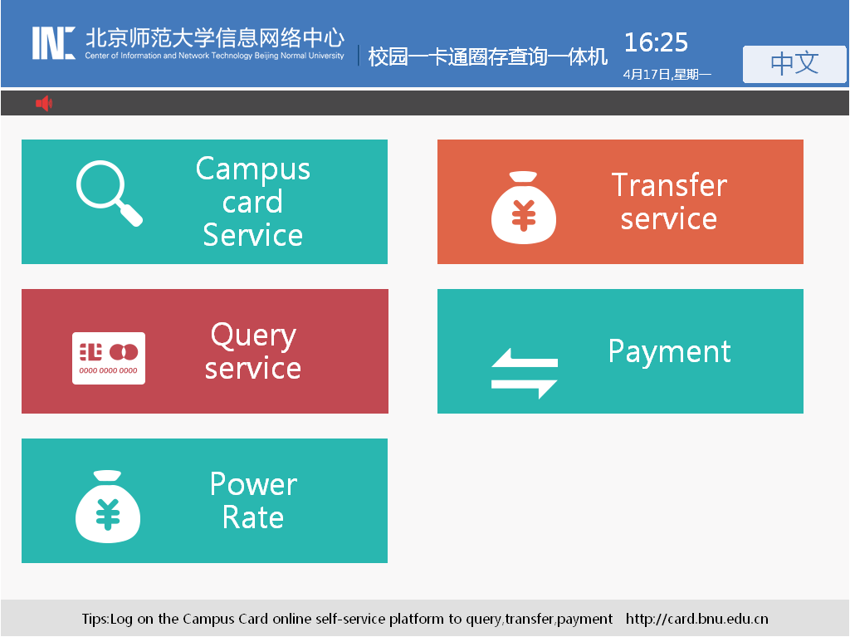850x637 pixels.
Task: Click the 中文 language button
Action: (x=794, y=64)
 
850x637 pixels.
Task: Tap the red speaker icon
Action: (x=44, y=103)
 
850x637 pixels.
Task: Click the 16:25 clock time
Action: (x=656, y=42)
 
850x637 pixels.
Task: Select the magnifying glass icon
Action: (x=109, y=193)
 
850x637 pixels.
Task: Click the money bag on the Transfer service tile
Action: (x=524, y=208)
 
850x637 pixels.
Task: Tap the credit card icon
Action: (x=109, y=358)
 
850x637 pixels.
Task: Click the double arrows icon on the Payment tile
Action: (x=525, y=374)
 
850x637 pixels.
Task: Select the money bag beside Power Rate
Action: (x=108, y=507)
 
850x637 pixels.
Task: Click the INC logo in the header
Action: (x=53, y=43)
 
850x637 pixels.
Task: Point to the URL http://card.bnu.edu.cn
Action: (x=696, y=619)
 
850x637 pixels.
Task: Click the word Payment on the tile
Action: (x=670, y=351)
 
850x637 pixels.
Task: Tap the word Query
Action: (x=253, y=336)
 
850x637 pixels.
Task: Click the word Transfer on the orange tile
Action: (x=670, y=185)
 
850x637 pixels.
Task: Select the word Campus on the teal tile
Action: (x=253, y=169)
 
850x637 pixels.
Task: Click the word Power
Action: (x=254, y=483)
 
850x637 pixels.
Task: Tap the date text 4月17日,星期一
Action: (x=667, y=75)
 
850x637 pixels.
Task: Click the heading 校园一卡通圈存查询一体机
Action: (x=488, y=56)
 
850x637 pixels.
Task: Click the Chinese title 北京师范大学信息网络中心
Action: (x=215, y=37)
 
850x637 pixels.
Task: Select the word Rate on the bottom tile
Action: (x=253, y=517)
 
